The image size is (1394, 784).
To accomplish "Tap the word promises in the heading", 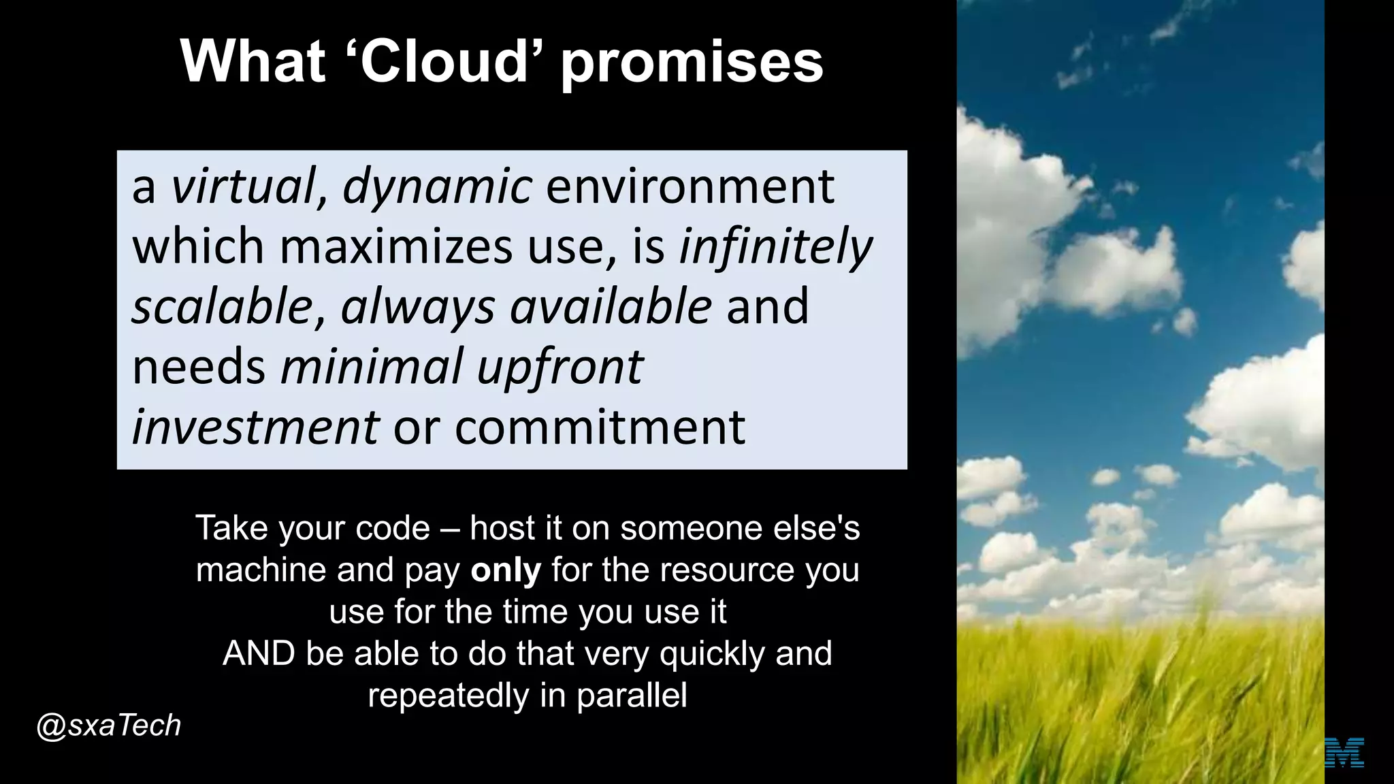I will point(692,63).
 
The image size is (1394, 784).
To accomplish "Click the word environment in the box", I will point(690,186).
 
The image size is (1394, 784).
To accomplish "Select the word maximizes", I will point(396,246).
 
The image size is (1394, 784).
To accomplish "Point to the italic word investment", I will point(255,427).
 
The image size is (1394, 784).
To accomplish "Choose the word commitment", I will point(600,427).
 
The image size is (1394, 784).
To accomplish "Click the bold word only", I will point(505,570).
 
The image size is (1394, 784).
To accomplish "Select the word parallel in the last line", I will point(632,696).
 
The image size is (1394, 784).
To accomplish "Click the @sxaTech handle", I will point(109,725).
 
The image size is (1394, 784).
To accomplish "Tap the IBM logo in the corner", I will point(1345,752).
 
